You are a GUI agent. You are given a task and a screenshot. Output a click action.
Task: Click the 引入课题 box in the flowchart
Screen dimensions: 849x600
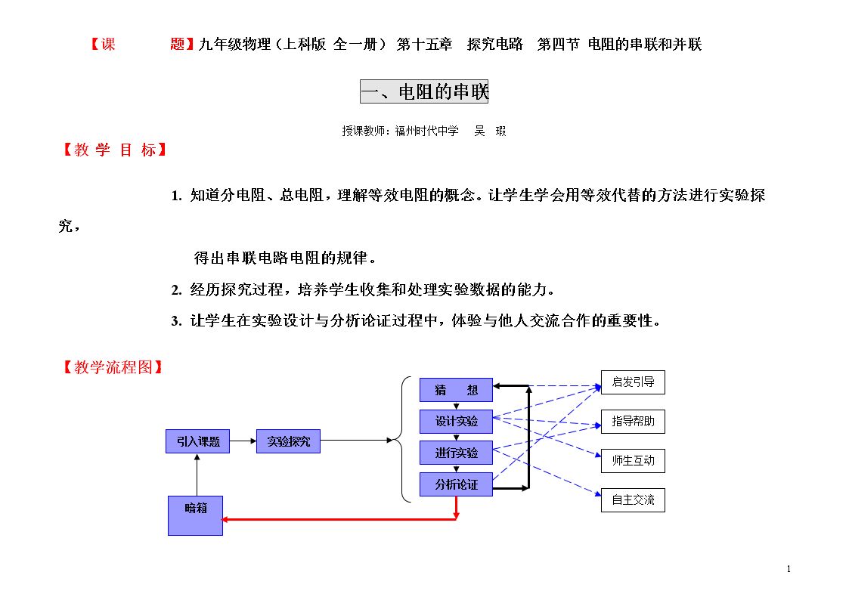(197, 441)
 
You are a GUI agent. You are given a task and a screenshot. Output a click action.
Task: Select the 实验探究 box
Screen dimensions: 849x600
(288, 441)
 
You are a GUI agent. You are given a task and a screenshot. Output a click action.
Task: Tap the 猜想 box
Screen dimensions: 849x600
(456, 390)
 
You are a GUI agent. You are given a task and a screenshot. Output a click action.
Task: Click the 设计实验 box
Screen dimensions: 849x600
(456, 422)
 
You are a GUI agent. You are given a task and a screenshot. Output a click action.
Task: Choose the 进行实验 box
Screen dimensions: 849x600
(456, 453)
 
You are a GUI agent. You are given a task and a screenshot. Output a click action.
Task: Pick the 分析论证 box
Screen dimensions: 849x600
(456, 484)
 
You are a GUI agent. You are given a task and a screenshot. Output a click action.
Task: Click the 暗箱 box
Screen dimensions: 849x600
(195, 515)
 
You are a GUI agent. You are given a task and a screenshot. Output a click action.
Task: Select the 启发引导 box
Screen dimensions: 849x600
(633, 382)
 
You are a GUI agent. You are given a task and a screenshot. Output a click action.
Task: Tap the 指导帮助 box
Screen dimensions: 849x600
(633, 422)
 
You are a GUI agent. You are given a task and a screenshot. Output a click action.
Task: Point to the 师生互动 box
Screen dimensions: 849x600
(633, 461)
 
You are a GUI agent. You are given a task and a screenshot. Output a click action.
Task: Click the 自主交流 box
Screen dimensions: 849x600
(633, 500)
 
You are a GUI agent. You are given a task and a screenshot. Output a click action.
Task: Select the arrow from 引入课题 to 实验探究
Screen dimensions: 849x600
(243, 441)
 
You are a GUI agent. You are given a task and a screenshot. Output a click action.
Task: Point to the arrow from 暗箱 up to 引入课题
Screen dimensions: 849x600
(197, 475)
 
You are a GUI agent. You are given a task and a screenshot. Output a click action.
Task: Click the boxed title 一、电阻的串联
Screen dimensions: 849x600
(424, 91)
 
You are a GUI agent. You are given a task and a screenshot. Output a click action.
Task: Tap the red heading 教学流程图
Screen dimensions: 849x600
(113, 367)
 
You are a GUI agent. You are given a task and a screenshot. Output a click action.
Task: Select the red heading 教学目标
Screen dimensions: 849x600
(115, 150)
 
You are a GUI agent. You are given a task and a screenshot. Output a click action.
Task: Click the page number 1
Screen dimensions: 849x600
(789, 568)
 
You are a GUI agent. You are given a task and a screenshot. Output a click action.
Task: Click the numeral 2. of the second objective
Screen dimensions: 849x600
(176, 290)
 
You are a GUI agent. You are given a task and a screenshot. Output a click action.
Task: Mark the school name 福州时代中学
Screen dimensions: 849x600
(426, 131)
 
